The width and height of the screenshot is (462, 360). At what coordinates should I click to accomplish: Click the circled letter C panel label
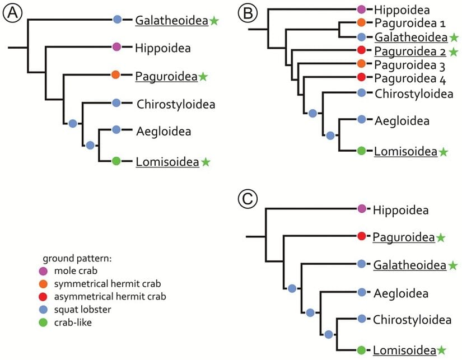coord(247,197)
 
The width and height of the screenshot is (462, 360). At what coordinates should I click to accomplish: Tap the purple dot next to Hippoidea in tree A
coord(117,48)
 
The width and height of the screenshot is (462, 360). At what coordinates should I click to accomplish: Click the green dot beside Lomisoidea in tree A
coord(116,161)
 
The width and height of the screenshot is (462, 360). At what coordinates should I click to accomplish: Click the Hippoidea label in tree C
coord(401,210)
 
